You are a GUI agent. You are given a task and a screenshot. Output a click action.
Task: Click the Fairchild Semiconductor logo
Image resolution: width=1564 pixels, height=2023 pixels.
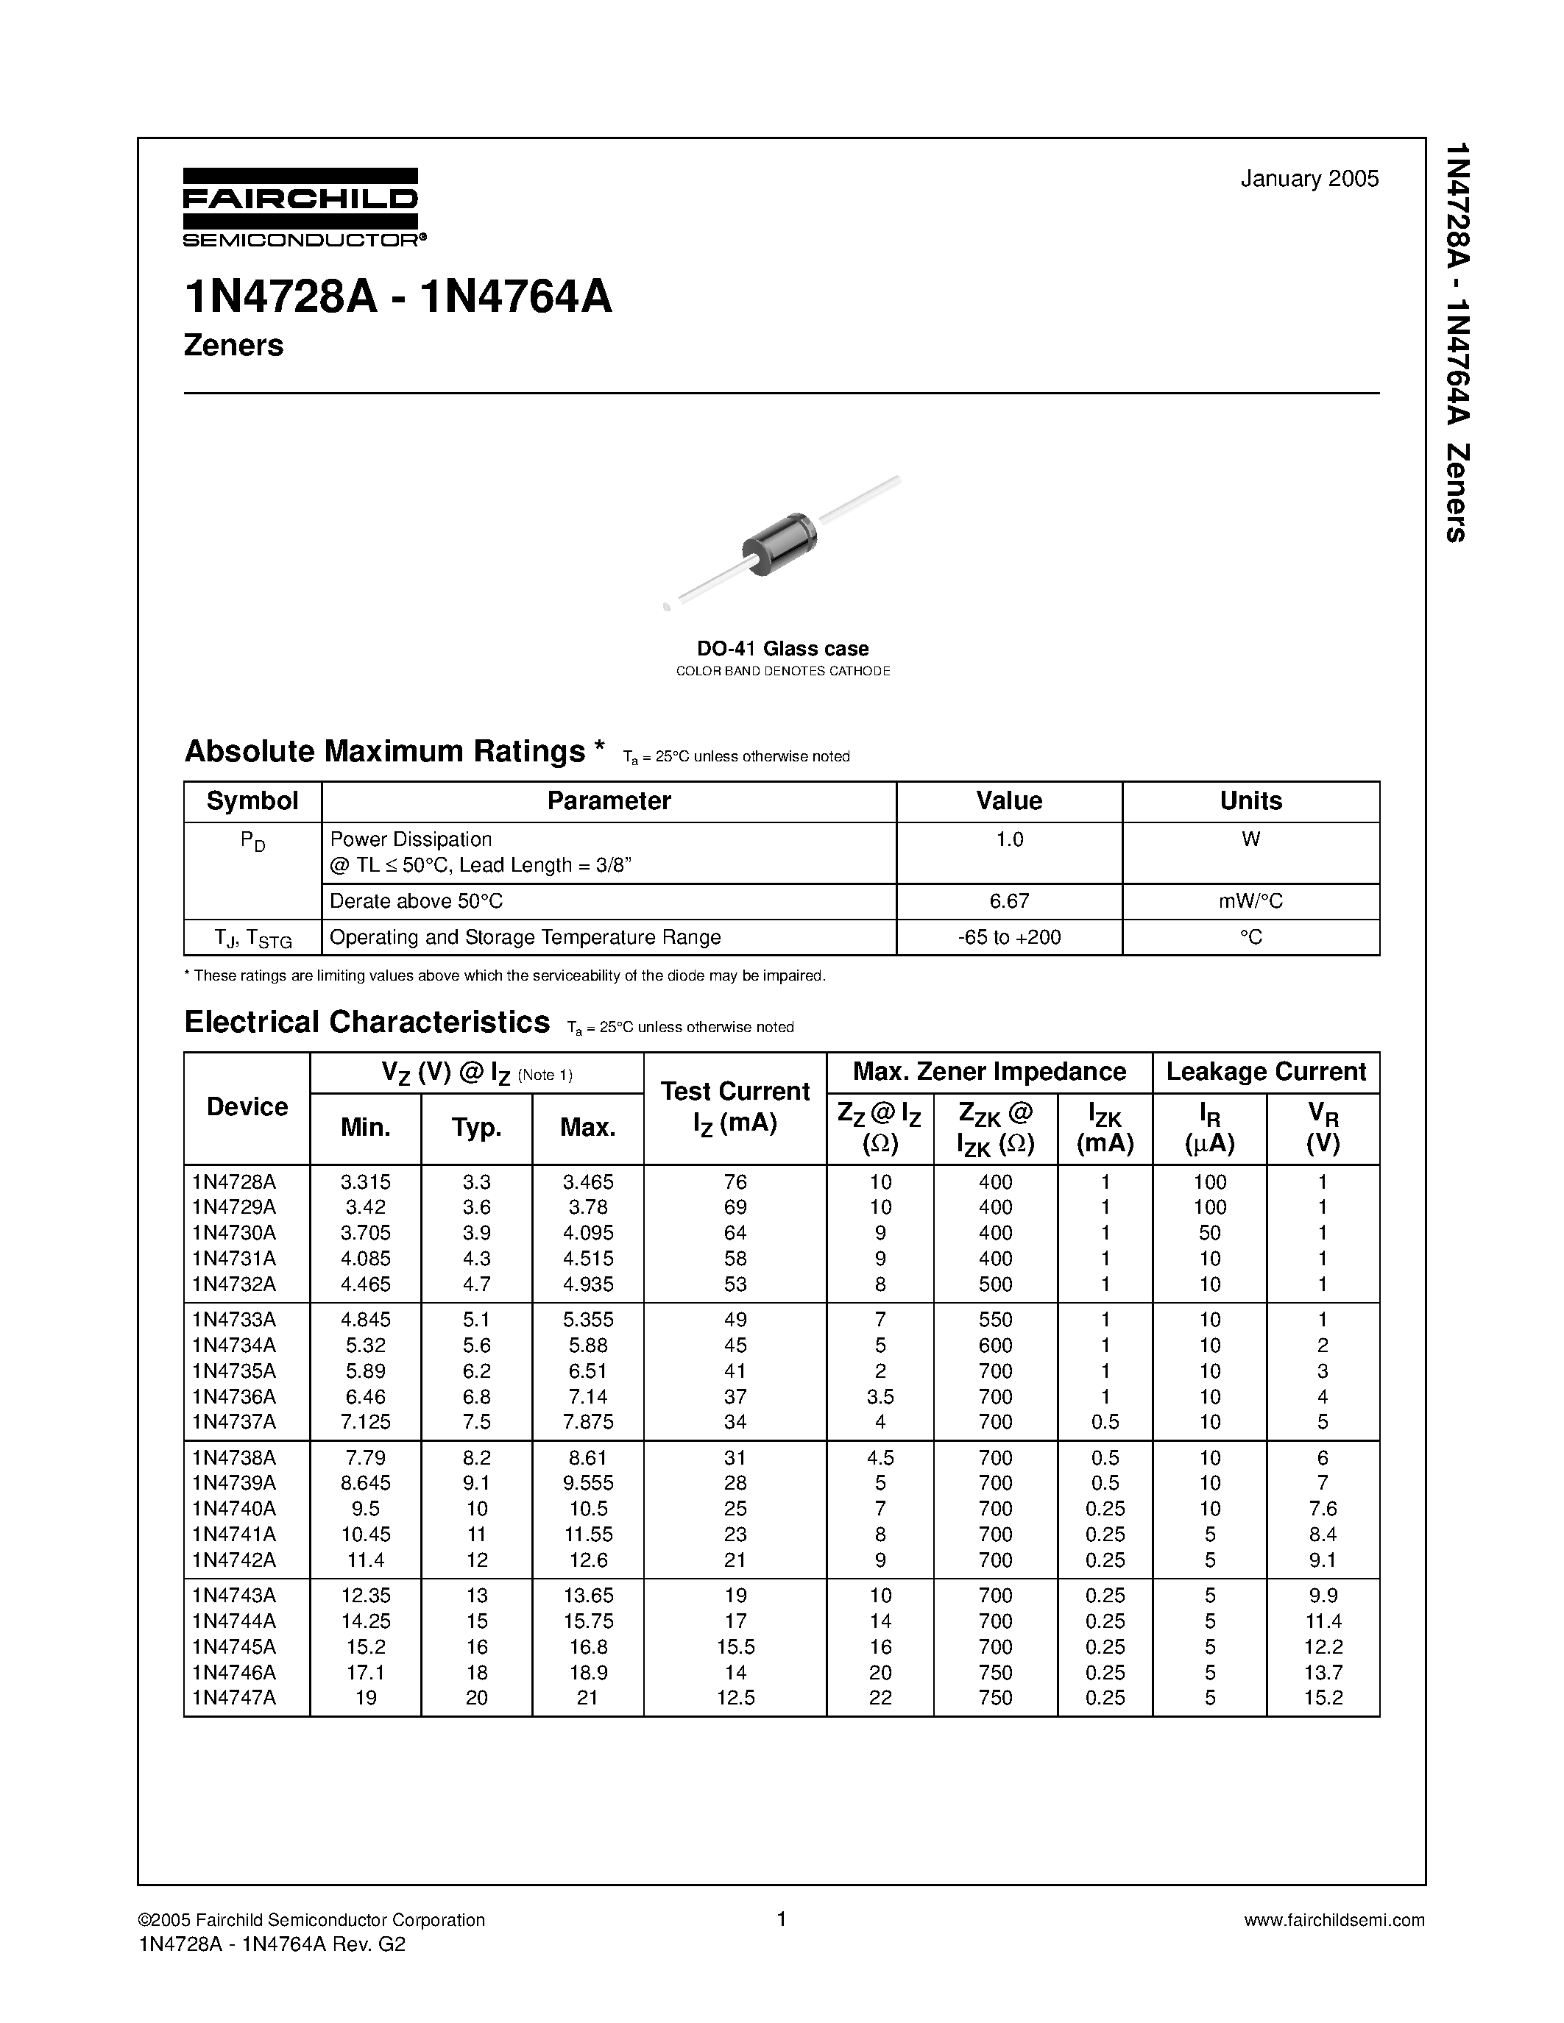pos(301,207)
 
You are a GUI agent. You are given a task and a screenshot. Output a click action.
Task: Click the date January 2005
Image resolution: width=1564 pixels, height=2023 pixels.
pos(1309,179)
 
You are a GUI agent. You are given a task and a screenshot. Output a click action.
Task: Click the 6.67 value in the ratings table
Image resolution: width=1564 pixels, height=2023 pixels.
pos(1008,900)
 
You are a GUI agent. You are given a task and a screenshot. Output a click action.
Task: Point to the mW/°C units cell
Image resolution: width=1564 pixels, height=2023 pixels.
pos(1250,900)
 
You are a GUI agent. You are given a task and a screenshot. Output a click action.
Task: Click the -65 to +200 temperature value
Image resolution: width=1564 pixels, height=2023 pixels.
pos(1008,936)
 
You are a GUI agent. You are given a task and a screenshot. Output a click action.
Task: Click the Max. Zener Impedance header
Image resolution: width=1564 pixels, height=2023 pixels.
pos(988,1072)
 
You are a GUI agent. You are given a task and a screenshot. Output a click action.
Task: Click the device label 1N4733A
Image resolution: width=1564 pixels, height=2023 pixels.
pos(234,1319)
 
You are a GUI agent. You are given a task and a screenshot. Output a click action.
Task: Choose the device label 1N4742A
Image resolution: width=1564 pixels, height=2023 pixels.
pos(234,1560)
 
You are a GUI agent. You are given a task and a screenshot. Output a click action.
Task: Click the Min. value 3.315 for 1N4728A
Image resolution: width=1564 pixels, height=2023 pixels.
pos(365,1182)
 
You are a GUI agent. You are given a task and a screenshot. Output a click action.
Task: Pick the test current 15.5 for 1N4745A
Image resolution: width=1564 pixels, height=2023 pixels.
pos(735,1647)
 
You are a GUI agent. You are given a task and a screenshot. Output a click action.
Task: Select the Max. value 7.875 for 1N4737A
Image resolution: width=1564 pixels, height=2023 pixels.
pos(587,1421)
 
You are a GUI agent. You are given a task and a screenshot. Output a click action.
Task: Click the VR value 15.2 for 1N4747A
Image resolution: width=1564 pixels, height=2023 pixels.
pos(1322,1698)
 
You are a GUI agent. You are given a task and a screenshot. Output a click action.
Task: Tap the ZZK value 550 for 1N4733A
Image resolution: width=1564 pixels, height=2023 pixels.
pos(995,1319)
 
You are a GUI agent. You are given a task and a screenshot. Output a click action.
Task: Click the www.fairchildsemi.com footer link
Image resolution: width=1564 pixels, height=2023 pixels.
pos(1334,1919)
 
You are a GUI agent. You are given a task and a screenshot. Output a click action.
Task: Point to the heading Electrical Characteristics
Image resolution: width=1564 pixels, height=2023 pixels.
pos(367,1022)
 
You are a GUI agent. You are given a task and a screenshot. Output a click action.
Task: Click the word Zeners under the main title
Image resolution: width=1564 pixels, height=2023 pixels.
pos(233,346)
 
